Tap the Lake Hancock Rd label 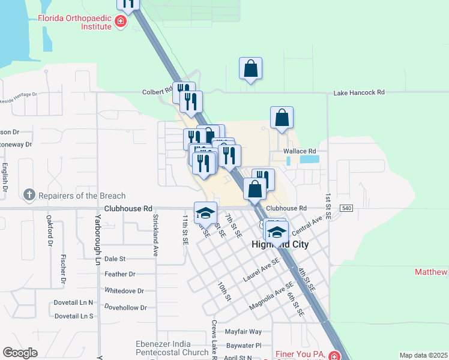(x=358, y=93)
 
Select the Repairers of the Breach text (x=82, y=196)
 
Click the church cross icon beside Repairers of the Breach (x=29, y=194)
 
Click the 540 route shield (x=346, y=208)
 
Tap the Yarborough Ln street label (x=97, y=239)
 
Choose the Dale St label (x=115, y=259)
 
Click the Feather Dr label (x=120, y=274)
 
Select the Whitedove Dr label (x=124, y=291)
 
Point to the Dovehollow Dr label (x=125, y=307)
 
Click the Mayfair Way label (x=243, y=331)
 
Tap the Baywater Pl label (x=244, y=346)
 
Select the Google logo (x=20, y=353)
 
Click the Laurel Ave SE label (x=261, y=270)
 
